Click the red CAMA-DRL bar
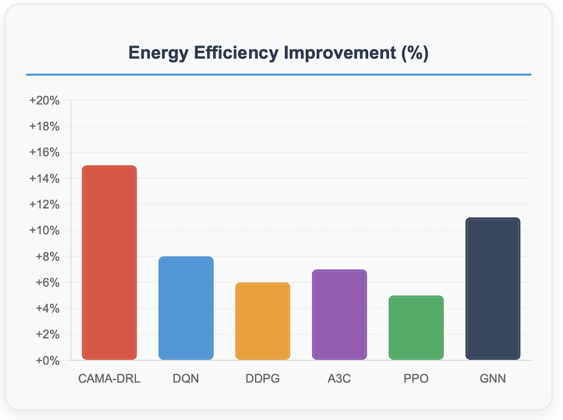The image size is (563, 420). click(x=109, y=262)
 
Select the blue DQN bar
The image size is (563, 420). click(x=186, y=308)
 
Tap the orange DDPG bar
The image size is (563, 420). click(x=263, y=321)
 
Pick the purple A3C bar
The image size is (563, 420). click(x=340, y=314)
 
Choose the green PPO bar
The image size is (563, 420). click(x=416, y=327)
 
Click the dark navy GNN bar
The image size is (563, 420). click(x=492, y=288)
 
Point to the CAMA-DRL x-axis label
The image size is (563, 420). click(x=109, y=378)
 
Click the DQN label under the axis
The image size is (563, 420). click(x=186, y=378)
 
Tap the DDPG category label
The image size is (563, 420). click(x=263, y=378)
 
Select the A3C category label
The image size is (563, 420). click(x=340, y=378)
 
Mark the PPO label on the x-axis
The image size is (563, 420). click(x=416, y=378)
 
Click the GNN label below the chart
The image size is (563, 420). click(x=492, y=378)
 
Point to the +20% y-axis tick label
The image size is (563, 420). click(x=44, y=101)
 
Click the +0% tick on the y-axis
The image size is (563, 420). click(x=47, y=361)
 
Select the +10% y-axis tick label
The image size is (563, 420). click(x=44, y=231)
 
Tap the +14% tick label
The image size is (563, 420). click(x=44, y=179)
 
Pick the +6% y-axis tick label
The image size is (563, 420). click(x=47, y=283)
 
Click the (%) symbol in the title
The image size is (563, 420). click(x=415, y=53)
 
